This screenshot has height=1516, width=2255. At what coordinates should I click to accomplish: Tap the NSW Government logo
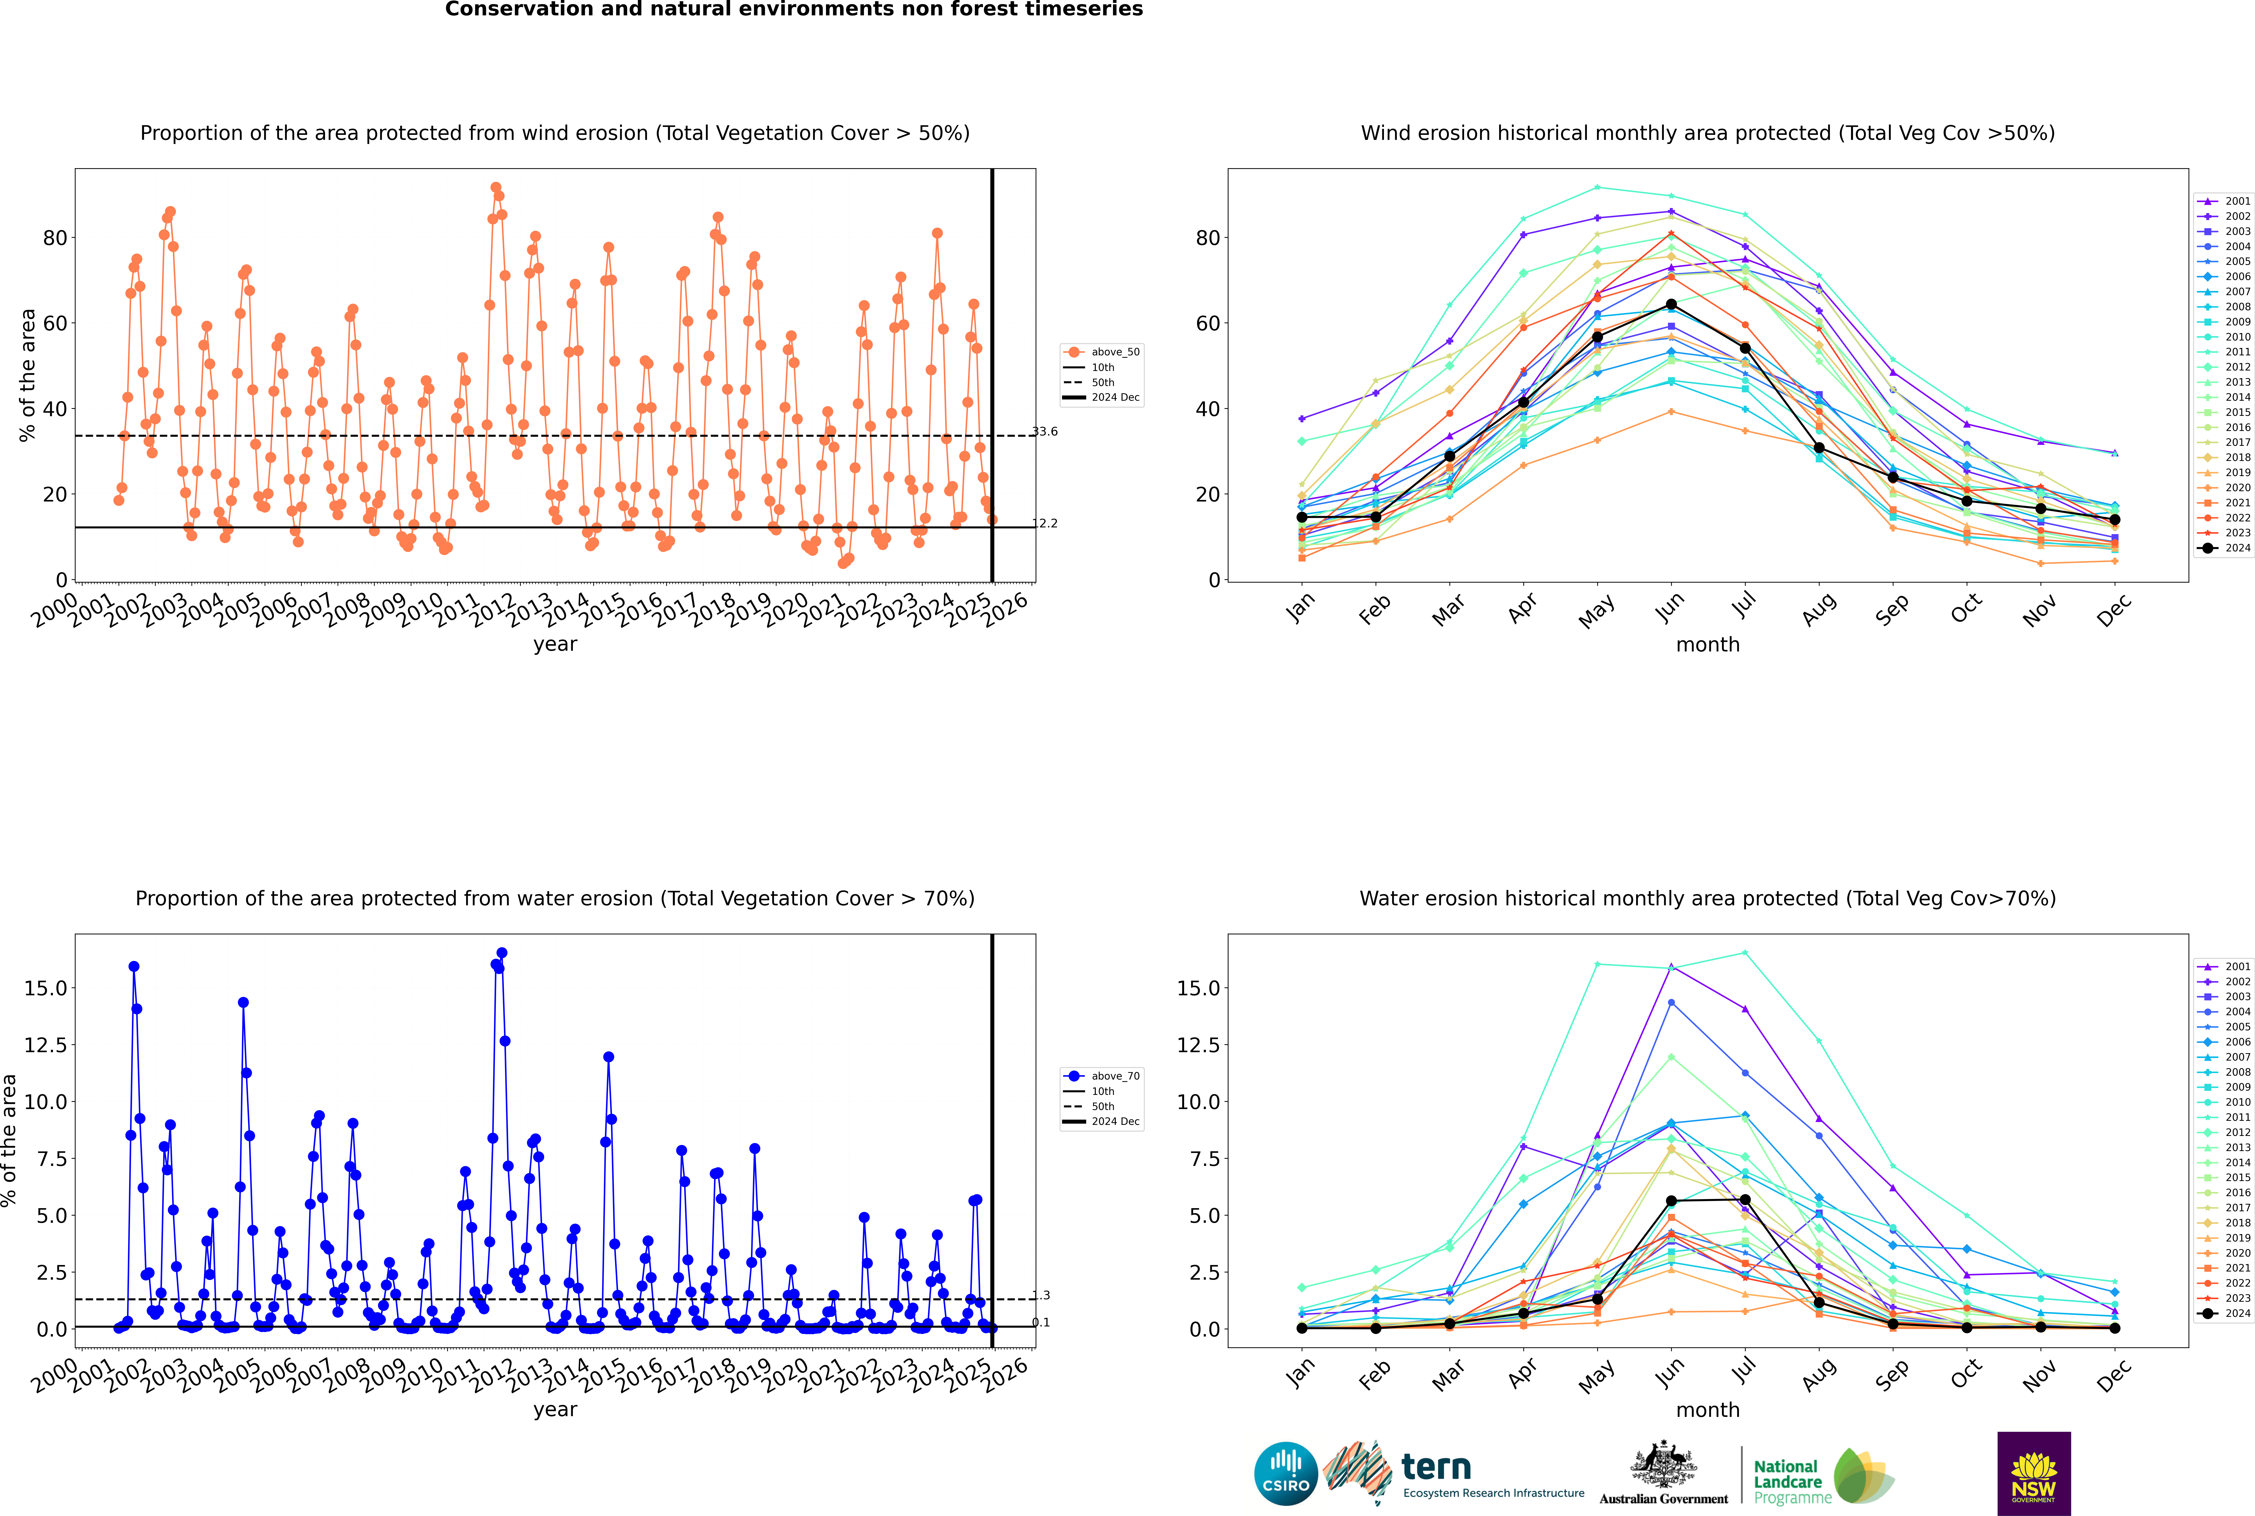[x=2034, y=1473]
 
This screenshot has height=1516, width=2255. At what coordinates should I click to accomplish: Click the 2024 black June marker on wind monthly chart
[x=1671, y=304]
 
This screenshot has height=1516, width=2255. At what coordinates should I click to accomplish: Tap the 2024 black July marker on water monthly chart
[x=1745, y=1200]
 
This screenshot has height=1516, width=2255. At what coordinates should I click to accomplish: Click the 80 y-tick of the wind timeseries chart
[x=55, y=238]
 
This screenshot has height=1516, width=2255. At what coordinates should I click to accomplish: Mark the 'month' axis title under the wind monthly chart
[x=1707, y=645]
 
